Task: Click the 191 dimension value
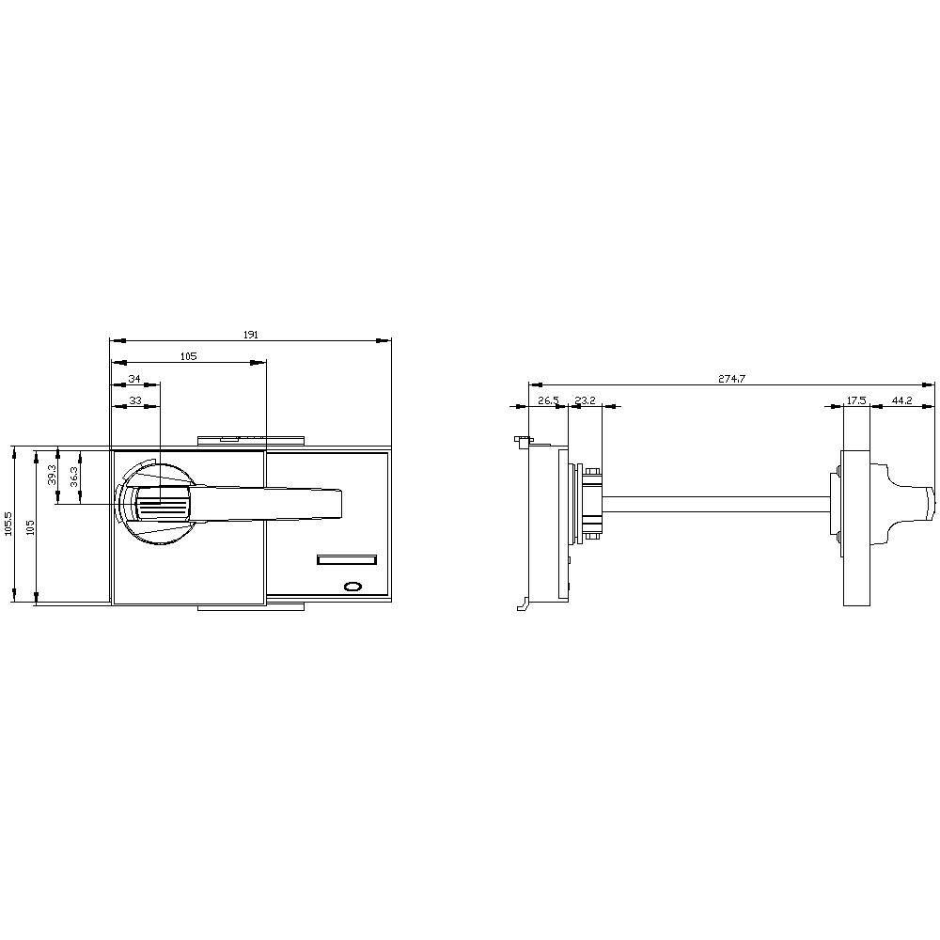point(251,334)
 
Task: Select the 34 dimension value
point(134,378)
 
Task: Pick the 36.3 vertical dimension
point(73,477)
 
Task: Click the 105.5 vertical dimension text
point(8,524)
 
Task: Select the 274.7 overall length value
point(731,379)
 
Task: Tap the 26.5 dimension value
point(548,400)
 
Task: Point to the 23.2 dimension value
point(585,400)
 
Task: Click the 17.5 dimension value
point(855,400)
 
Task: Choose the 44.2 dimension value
point(901,400)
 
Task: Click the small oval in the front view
point(353,587)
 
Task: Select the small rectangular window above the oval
point(347,561)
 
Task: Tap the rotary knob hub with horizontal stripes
point(163,508)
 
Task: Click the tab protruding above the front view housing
point(251,439)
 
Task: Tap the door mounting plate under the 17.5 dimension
point(856,526)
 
